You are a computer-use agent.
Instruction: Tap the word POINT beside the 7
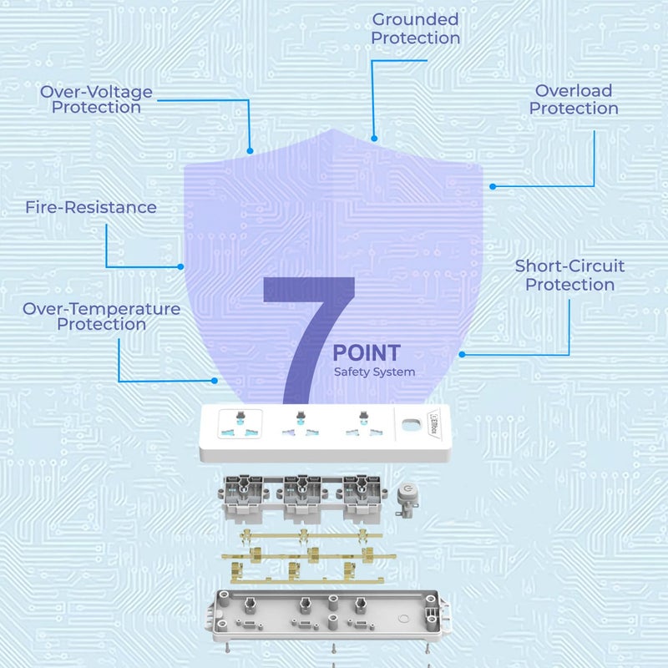click(x=367, y=353)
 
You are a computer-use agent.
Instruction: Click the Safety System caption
click(x=374, y=372)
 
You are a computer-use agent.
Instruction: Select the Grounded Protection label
click(x=415, y=28)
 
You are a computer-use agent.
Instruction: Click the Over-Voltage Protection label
click(x=96, y=99)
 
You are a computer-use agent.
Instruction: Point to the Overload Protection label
click(x=574, y=99)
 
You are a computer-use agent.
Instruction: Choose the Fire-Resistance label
click(x=91, y=207)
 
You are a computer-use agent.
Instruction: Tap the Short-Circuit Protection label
click(x=569, y=276)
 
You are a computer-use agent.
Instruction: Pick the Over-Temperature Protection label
click(x=102, y=316)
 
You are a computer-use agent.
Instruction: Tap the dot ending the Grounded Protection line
click(x=375, y=139)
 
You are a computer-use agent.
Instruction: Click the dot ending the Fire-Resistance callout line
click(x=180, y=267)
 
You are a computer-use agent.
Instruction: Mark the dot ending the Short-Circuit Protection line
click(x=462, y=354)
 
